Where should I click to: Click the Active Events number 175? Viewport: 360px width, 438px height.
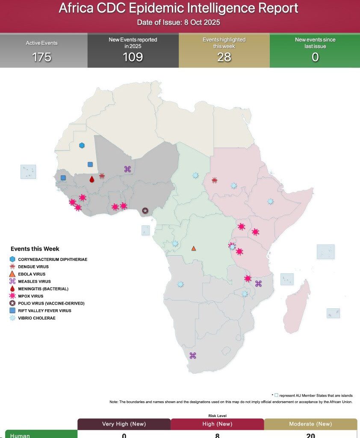click(x=41, y=57)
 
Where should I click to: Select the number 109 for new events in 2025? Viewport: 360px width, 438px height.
click(x=133, y=57)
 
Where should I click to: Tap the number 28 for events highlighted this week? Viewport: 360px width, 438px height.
click(x=224, y=57)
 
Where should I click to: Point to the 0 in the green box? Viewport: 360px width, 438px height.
click(x=315, y=57)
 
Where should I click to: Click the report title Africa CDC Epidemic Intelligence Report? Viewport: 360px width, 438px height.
click(x=178, y=9)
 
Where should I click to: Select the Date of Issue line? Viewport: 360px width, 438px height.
click(x=178, y=22)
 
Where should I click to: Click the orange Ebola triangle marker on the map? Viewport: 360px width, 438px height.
click(x=194, y=249)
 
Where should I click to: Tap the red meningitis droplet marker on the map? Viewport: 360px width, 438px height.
click(x=91, y=179)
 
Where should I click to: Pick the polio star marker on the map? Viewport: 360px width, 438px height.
click(x=145, y=210)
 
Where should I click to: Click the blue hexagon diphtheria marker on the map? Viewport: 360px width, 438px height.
click(x=82, y=145)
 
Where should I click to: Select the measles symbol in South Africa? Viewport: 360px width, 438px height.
click(x=192, y=355)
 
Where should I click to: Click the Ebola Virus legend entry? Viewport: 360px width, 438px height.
click(x=31, y=274)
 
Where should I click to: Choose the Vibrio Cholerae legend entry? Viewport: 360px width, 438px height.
click(x=36, y=318)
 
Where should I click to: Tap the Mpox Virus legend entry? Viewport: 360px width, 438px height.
click(x=30, y=296)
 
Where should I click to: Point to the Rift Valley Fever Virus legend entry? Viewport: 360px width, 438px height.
click(x=44, y=311)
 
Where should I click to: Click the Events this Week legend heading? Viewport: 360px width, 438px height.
click(x=35, y=249)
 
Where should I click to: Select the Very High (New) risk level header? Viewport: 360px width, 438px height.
click(x=124, y=424)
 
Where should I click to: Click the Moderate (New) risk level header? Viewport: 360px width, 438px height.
click(x=310, y=424)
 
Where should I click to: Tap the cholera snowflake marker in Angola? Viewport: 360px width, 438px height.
click(x=180, y=284)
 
